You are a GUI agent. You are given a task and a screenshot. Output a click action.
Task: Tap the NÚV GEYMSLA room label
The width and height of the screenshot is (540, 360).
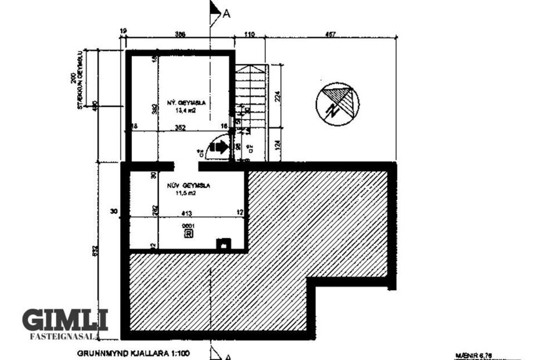coord(188,186)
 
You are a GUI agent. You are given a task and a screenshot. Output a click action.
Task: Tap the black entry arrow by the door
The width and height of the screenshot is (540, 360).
coord(219,147)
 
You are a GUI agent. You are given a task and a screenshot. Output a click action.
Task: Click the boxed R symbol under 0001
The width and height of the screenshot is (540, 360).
coord(188,233)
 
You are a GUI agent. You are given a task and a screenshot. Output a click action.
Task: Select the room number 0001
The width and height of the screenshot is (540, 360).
coord(188,225)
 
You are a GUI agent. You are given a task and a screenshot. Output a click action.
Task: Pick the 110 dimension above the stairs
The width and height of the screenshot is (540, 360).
coord(249,34)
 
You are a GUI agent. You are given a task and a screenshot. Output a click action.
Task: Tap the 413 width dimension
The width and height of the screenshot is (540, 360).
coord(187,213)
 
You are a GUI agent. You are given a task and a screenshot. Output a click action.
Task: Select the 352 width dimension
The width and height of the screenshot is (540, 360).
coord(179,128)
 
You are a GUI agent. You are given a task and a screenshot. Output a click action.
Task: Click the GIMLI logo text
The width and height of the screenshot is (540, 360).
coord(65,321)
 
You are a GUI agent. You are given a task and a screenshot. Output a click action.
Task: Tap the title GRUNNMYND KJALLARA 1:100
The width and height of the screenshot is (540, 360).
coord(133,352)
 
